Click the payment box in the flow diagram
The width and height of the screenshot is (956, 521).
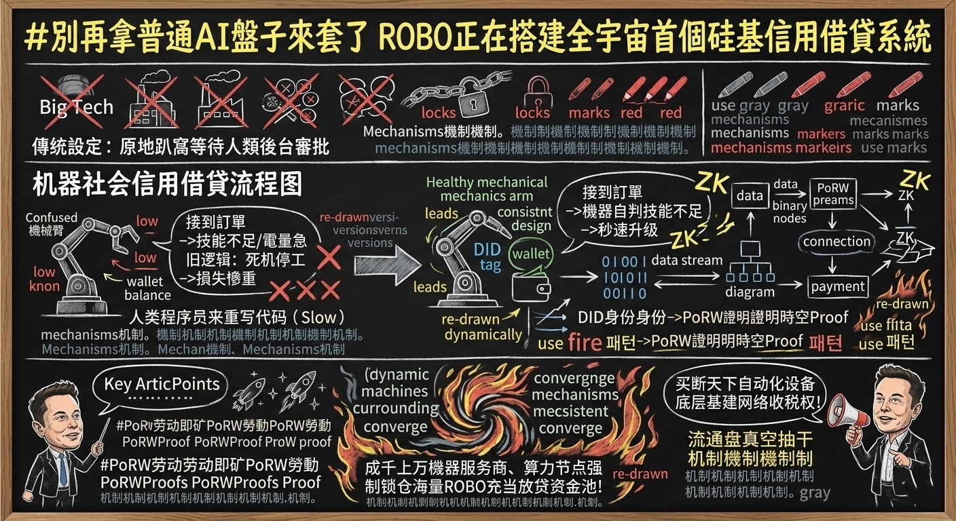[x=838, y=286]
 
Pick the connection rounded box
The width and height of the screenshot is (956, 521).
[x=836, y=242]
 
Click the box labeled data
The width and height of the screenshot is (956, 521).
[x=750, y=196]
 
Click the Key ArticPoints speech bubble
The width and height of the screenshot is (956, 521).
[x=162, y=385]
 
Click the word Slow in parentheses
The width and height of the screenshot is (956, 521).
[x=323, y=317]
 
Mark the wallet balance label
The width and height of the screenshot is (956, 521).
[x=147, y=288]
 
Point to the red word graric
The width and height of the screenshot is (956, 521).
[x=844, y=106]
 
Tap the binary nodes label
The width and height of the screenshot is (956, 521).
[x=790, y=212]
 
